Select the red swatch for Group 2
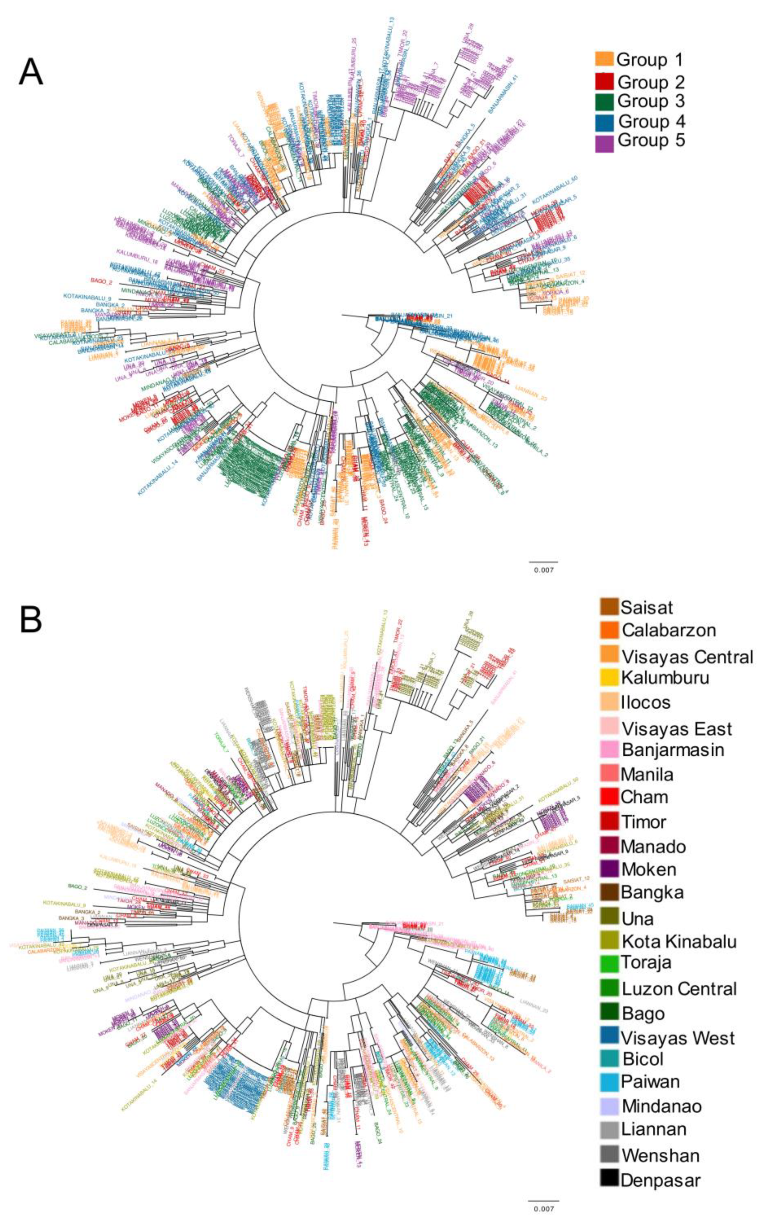tap(604, 81)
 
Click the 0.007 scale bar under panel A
tap(544, 562)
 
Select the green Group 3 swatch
tap(604, 101)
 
